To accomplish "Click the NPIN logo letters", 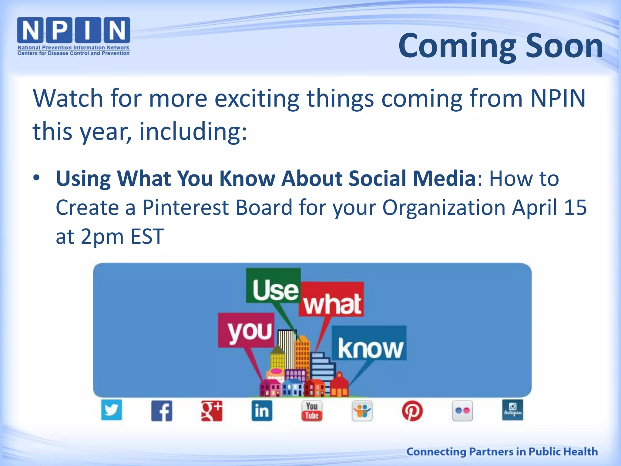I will click(x=74, y=30).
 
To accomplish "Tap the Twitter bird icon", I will click(x=112, y=410).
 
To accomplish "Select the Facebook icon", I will click(x=162, y=411).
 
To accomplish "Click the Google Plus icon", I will click(x=212, y=411).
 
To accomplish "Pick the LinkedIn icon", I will click(x=262, y=411).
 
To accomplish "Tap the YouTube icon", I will click(x=312, y=411).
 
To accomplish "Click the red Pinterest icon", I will click(x=412, y=411).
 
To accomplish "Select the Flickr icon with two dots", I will click(x=462, y=411).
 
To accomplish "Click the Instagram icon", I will click(x=512, y=410).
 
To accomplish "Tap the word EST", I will click(x=147, y=237).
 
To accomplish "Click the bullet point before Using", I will click(x=36, y=178).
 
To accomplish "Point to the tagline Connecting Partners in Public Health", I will click(x=502, y=451).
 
